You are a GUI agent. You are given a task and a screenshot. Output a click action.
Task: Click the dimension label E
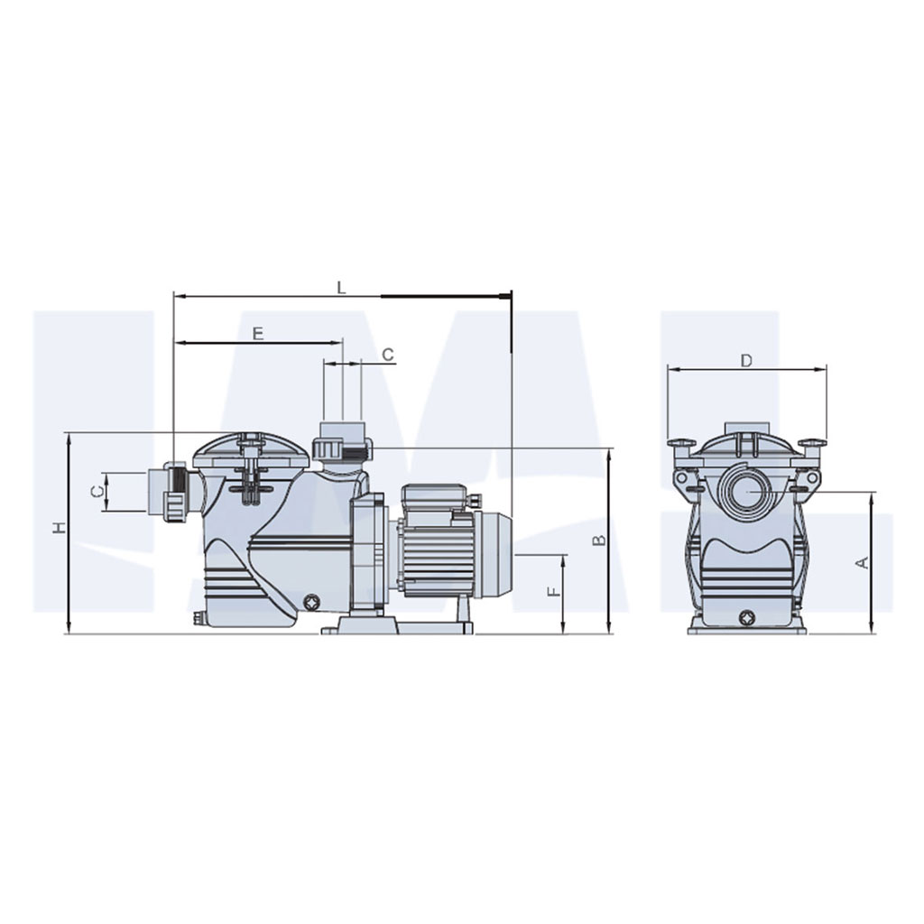(257, 334)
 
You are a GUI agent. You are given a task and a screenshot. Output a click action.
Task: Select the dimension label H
(59, 528)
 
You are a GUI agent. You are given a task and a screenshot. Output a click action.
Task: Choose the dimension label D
(746, 361)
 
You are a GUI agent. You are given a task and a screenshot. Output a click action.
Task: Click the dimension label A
(862, 563)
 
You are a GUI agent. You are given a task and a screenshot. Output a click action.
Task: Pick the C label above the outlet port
(388, 355)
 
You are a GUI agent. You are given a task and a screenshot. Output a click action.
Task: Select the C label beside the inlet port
(99, 490)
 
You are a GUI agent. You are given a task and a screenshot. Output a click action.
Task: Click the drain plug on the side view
(312, 603)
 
